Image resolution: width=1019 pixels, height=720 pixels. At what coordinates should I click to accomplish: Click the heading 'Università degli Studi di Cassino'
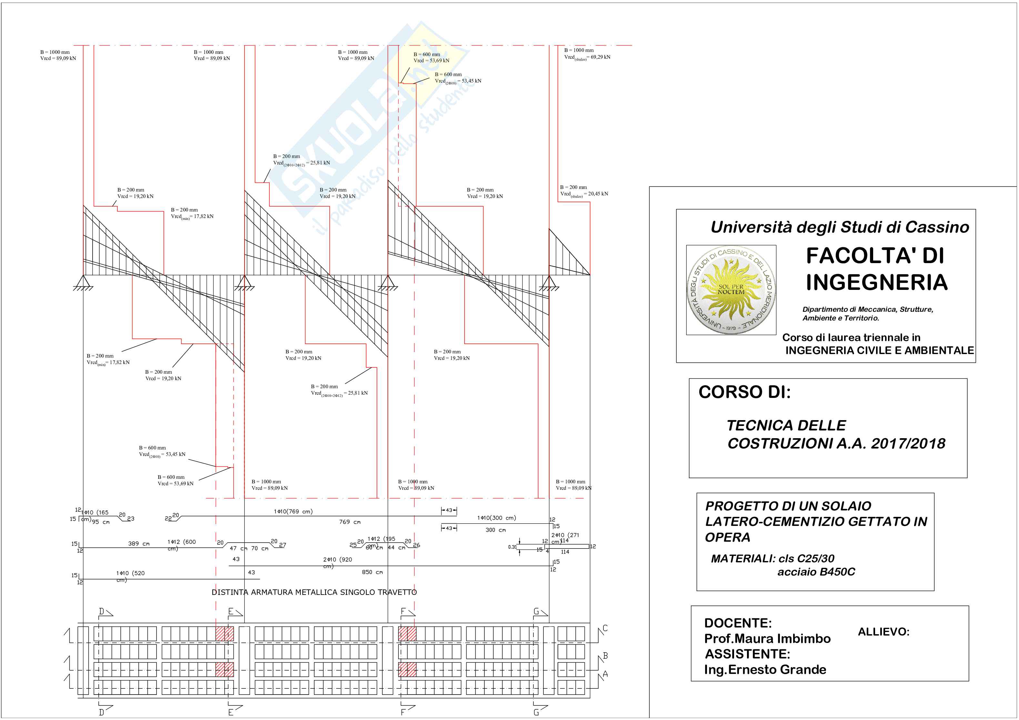tap(840, 227)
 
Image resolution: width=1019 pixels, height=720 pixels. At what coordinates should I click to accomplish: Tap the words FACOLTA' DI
tap(875, 256)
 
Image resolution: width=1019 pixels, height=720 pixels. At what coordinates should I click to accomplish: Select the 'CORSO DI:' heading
tap(744, 392)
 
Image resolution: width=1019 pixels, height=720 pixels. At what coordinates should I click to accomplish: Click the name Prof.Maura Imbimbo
tap(767, 638)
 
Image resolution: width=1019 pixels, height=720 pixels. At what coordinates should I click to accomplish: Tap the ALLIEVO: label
tap(883, 632)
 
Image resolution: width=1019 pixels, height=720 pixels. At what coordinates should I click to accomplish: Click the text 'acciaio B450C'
tap(816, 572)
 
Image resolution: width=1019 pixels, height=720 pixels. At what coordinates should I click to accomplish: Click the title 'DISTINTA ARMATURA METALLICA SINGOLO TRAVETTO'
tap(314, 592)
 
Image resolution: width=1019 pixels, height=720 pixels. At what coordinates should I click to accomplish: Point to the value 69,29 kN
tap(600, 57)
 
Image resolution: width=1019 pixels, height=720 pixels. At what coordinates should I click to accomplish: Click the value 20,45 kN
tap(598, 194)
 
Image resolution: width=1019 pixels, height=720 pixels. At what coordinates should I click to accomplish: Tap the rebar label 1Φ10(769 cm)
tap(293, 511)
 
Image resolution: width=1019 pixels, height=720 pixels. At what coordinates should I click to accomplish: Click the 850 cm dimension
tap(372, 572)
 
